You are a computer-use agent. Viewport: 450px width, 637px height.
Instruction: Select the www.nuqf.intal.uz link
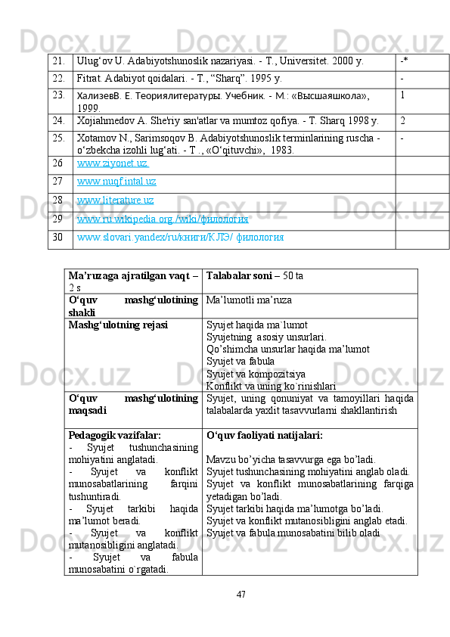pyautogui.click(x=116, y=182)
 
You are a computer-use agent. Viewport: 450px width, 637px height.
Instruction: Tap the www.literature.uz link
pyautogui.click(x=115, y=200)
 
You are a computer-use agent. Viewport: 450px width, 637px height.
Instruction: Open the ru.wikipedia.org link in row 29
pyautogui.click(x=163, y=219)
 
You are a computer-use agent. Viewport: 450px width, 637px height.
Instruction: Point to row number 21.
pyautogui.click(x=59, y=61)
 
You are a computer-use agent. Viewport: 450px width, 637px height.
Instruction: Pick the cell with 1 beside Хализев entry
pyautogui.click(x=403, y=95)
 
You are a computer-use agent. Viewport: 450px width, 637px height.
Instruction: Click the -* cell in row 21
pyautogui.click(x=405, y=61)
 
